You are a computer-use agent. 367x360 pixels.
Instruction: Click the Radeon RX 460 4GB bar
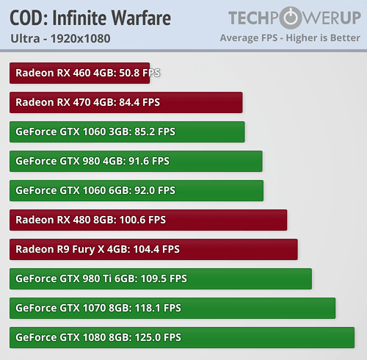(79, 73)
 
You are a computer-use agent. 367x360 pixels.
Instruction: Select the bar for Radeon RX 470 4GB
(126, 102)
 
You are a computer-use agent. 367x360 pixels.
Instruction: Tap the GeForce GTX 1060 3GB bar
(127, 132)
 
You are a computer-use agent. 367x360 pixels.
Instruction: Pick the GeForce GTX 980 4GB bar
(136, 161)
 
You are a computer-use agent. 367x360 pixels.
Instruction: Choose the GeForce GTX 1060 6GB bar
(137, 190)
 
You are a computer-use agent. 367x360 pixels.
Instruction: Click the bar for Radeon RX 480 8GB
(148, 220)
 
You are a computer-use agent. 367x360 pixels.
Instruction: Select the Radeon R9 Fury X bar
(153, 249)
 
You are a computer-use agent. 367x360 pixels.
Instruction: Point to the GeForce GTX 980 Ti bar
(161, 278)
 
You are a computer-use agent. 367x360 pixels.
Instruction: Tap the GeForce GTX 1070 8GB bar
(172, 308)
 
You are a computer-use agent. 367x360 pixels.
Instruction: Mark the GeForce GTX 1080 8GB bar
(181, 337)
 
